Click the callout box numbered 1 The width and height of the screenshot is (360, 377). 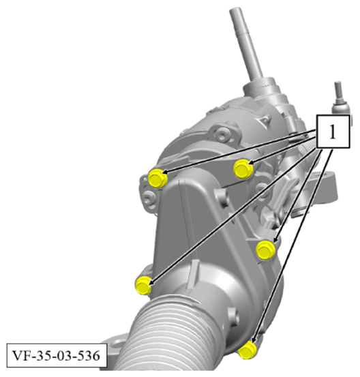click(x=333, y=132)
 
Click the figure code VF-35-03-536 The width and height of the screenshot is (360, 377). click(x=57, y=356)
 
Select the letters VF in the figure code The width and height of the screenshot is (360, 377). click(x=20, y=356)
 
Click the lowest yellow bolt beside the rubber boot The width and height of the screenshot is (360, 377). click(x=247, y=350)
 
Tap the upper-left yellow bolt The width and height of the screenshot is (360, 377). click(x=157, y=179)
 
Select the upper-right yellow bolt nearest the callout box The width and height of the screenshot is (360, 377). click(x=243, y=169)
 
